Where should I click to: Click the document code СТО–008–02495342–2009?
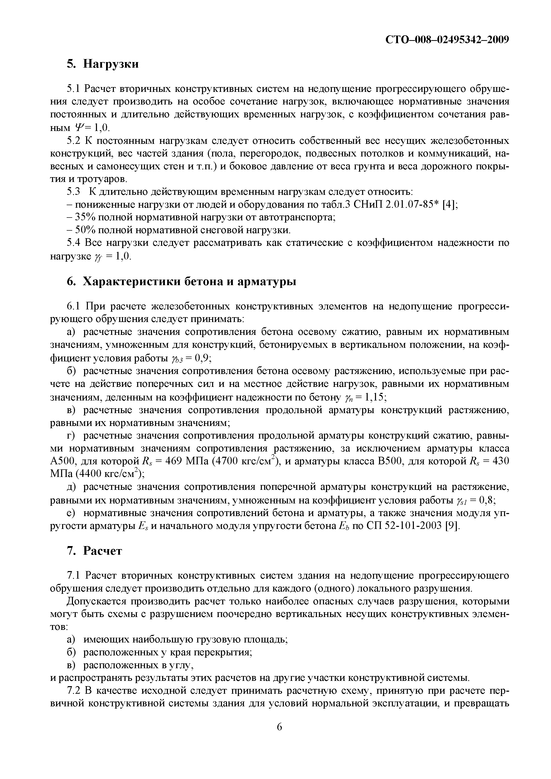[x=447, y=40]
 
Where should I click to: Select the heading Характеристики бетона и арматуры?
[x=189, y=282]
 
